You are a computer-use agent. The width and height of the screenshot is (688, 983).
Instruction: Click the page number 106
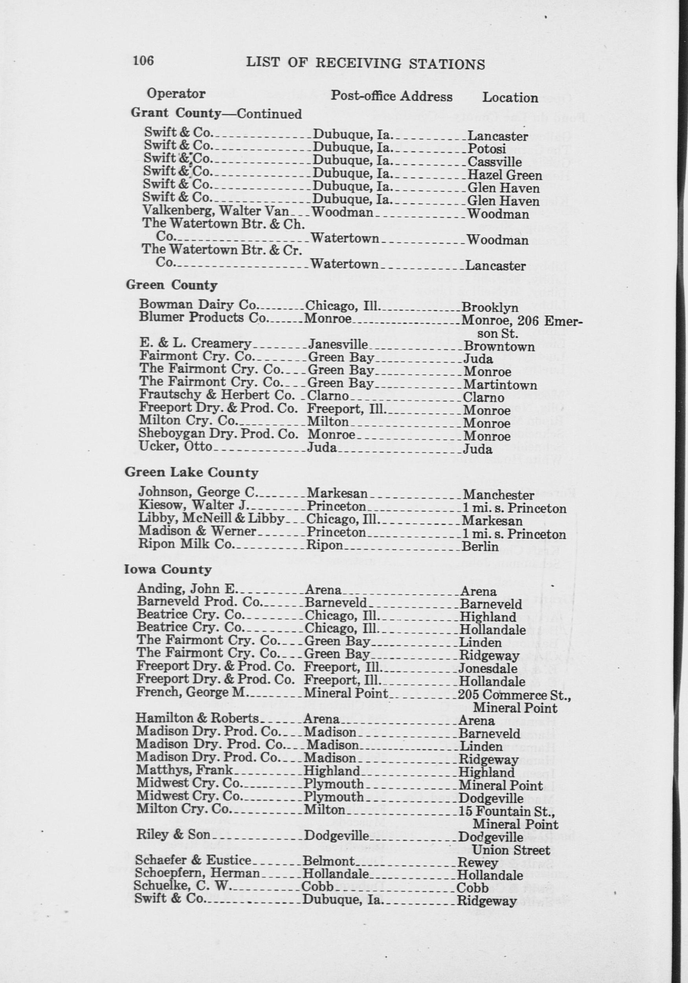143,60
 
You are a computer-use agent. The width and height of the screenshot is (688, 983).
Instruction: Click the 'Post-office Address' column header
391,96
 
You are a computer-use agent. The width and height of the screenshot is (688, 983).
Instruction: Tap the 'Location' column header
510,98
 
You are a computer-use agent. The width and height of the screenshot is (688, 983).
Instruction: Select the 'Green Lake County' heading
191,473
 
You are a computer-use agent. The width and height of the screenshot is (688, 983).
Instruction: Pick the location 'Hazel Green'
505,175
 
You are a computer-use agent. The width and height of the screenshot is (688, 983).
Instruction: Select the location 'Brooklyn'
490,308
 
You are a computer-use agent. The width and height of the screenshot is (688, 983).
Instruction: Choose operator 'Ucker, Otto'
175,446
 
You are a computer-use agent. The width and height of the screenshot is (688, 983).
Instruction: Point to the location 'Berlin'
480,547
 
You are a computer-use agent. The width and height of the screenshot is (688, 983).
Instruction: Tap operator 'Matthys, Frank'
184,770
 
